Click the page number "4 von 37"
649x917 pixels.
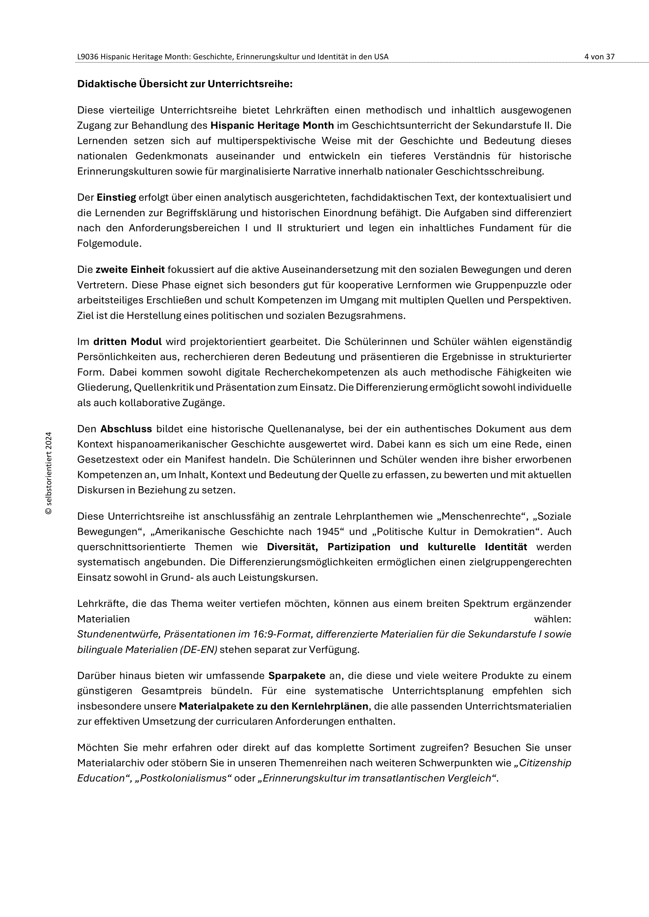point(599,57)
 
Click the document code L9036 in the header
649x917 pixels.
point(88,57)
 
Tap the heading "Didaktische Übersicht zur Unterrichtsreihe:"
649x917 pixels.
point(185,84)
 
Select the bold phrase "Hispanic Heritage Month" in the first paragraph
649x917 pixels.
point(272,125)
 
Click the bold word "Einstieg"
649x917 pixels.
point(116,197)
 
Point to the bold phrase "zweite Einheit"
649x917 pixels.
point(130,270)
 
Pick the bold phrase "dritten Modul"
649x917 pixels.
point(127,342)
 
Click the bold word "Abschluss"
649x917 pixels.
point(126,429)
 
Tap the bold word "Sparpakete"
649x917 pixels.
point(297,676)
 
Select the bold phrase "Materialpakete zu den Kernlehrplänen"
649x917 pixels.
point(273,706)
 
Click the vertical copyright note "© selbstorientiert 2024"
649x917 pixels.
point(49,473)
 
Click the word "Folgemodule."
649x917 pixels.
point(109,243)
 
